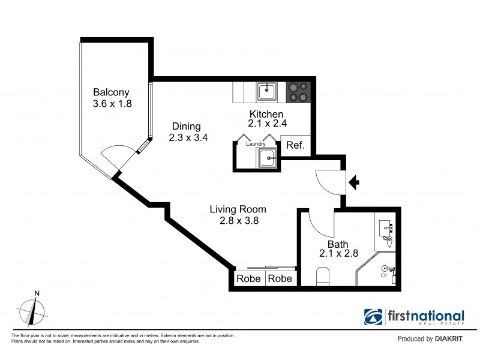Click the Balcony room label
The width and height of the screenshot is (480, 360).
pos(112,92)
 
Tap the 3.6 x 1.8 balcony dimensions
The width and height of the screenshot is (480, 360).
pos(112,103)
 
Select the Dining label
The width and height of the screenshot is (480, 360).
pos(186,126)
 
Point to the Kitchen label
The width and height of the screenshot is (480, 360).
pos(266,114)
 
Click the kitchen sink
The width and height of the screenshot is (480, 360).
pos(267,92)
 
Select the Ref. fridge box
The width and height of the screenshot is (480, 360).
pos(295,145)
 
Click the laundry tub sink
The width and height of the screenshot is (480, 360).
pos(267,159)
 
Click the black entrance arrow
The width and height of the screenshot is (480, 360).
pos(354,182)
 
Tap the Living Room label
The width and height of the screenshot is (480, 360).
pos(238,209)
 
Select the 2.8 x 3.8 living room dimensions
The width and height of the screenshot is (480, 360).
pos(238,220)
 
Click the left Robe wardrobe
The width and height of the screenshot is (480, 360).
pos(248,279)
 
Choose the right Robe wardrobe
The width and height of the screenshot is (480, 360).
pos(280,279)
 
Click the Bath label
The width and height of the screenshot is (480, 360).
pos(338,244)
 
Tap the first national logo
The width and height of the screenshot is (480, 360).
pos(414,318)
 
